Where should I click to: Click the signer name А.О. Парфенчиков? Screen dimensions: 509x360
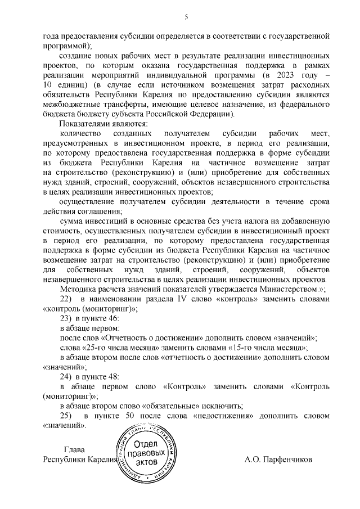[x=278, y=459]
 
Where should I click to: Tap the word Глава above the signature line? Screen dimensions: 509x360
[x=75, y=449]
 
